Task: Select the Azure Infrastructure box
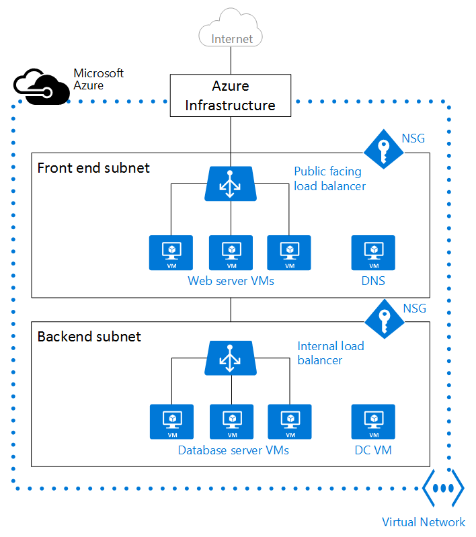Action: point(231,95)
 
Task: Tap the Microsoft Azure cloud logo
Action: point(42,85)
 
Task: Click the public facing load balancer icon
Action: point(231,183)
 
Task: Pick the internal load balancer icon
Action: point(231,357)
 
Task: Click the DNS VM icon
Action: point(373,253)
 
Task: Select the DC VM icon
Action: point(373,422)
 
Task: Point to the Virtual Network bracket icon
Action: point(443,489)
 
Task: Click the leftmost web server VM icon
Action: point(171,253)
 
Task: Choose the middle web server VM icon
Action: point(231,253)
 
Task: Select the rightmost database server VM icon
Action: point(289,422)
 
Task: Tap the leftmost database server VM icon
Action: point(171,422)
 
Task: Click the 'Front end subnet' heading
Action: point(93,167)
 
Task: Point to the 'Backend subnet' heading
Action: point(89,336)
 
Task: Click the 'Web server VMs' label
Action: point(231,281)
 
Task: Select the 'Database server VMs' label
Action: point(233,450)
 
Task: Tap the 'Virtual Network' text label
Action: point(424,522)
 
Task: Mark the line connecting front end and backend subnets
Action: point(231,309)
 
